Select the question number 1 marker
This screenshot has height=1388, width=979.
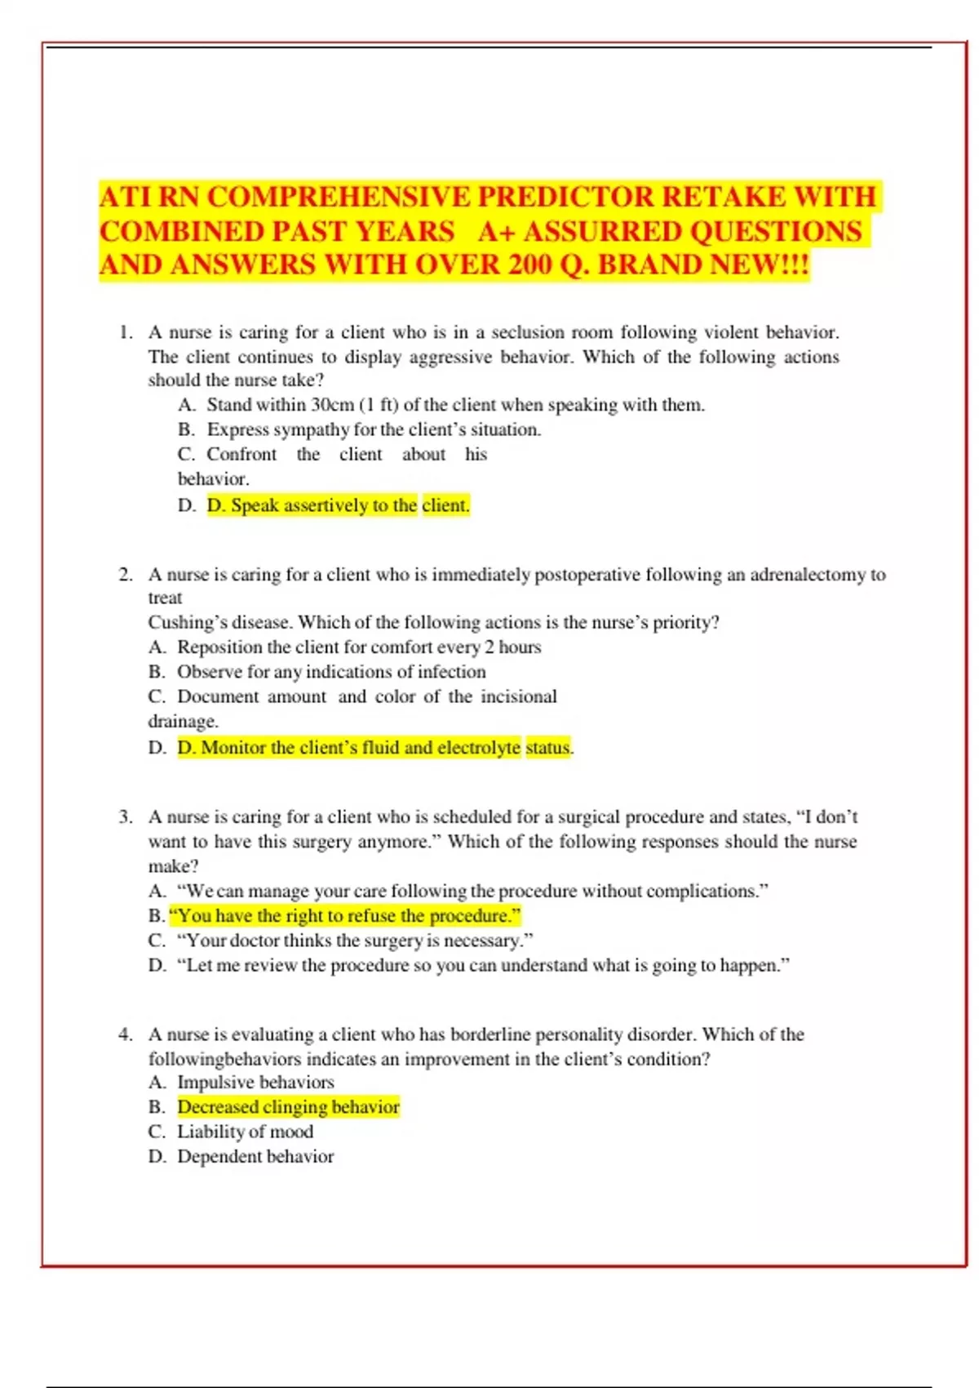pyautogui.click(x=125, y=332)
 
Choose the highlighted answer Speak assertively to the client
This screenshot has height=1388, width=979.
pyautogui.click(x=338, y=505)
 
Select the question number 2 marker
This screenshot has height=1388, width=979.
pyautogui.click(x=125, y=575)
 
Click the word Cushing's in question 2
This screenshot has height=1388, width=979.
pyautogui.click(x=179, y=622)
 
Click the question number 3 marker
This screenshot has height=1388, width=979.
pyautogui.click(x=125, y=817)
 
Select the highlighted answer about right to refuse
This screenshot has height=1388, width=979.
pyautogui.click(x=344, y=916)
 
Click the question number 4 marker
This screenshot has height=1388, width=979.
pyautogui.click(x=125, y=1034)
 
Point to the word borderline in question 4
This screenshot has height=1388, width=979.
pyautogui.click(x=492, y=1034)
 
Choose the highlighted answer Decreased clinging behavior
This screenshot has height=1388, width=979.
pyautogui.click(x=288, y=1107)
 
